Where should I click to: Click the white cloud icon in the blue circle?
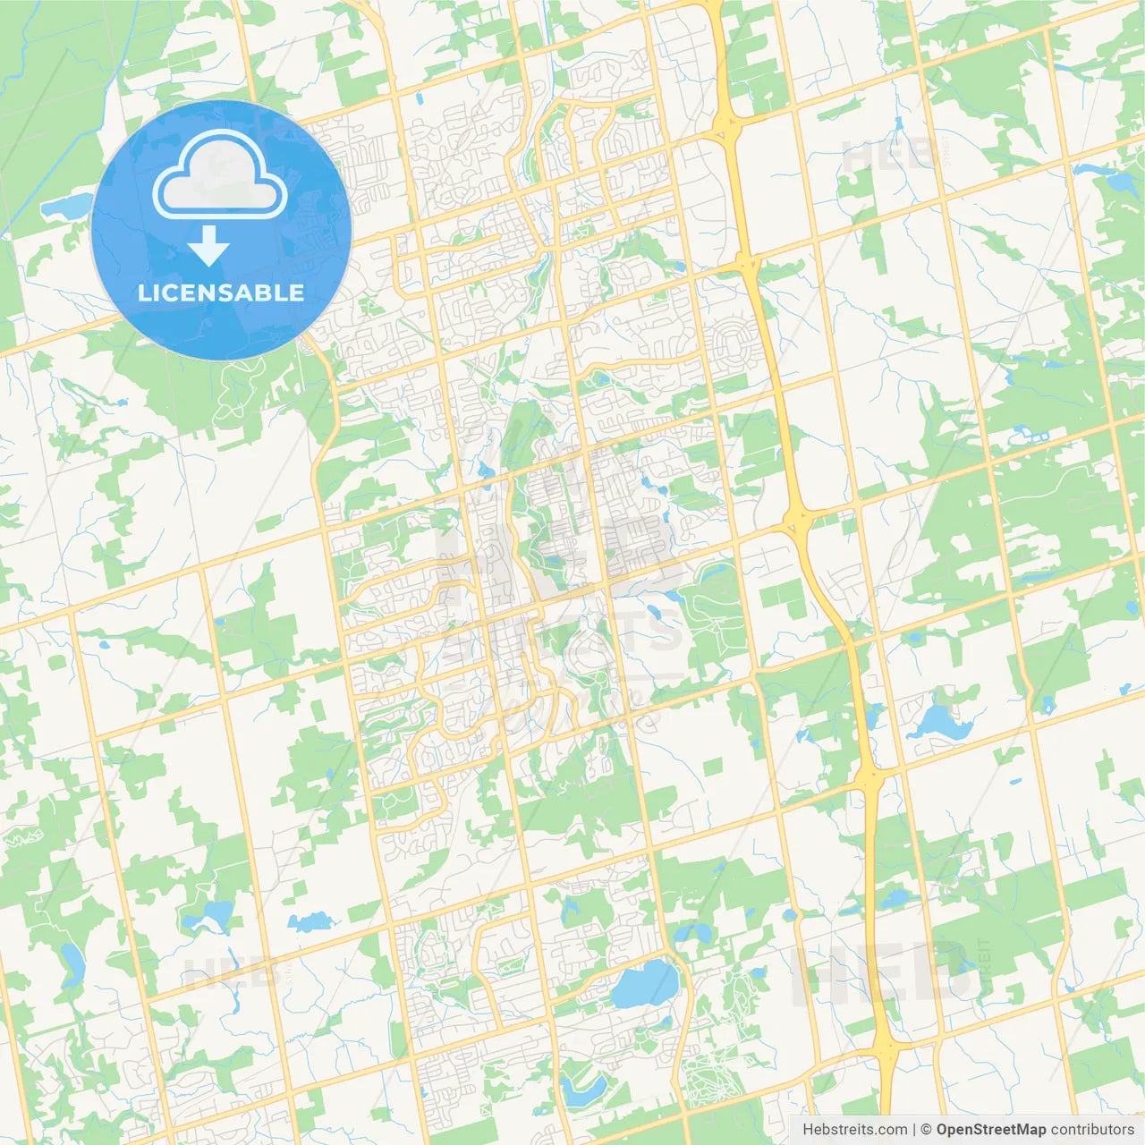pos(220,175)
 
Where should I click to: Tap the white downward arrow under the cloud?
pos(209,246)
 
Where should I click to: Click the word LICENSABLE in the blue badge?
pos(221,293)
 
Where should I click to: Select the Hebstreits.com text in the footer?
pos(854,1130)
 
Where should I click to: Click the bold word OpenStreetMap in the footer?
pos(991,1130)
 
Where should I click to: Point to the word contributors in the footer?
pos(1092,1130)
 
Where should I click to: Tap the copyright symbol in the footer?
pos(927,1130)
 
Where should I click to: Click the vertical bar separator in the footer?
pos(914,1130)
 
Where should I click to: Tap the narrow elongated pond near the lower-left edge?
pos(72,962)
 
